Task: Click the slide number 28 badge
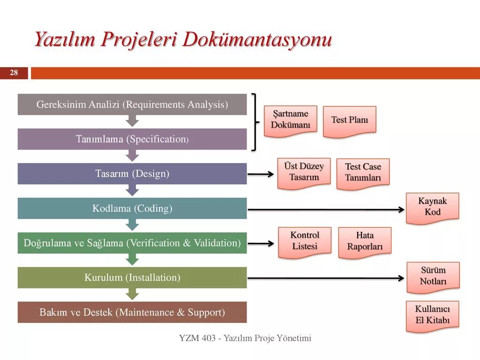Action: tap(14, 73)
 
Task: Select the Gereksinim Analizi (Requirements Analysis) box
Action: tap(132, 104)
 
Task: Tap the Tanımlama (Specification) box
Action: tap(132, 139)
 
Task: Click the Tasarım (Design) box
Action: tap(132, 173)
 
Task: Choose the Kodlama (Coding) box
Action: tap(132, 208)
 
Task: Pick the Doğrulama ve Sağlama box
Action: tap(132, 243)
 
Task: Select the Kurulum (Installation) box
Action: tap(132, 277)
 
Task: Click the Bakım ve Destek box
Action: tap(132, 312)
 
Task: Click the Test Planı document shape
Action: tap(349, 120)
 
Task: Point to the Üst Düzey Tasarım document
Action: tap(304, 172)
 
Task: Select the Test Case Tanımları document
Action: tap(363, 172)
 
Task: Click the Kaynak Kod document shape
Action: tap(432, 207)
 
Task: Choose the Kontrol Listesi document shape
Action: tap(305, 241)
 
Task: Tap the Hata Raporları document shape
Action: tap(365, 241)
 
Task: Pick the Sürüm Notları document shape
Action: tap(433, 276)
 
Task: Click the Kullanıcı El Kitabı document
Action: tap(432, 315)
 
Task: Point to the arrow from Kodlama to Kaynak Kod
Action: tap(326, 210)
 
